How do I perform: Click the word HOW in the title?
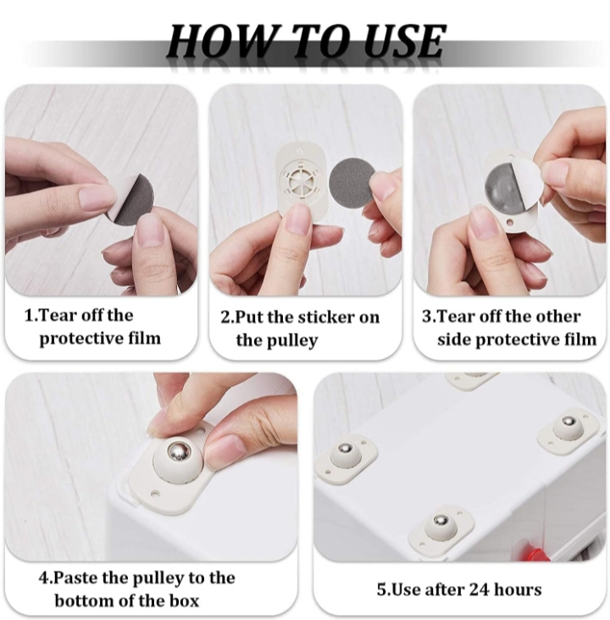pos(219,41)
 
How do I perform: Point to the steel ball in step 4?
pos(179,451)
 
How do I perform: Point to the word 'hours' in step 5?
pos(518,590)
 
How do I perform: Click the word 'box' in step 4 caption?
pos(185,601)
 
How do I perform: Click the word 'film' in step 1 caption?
pos(145,339)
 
